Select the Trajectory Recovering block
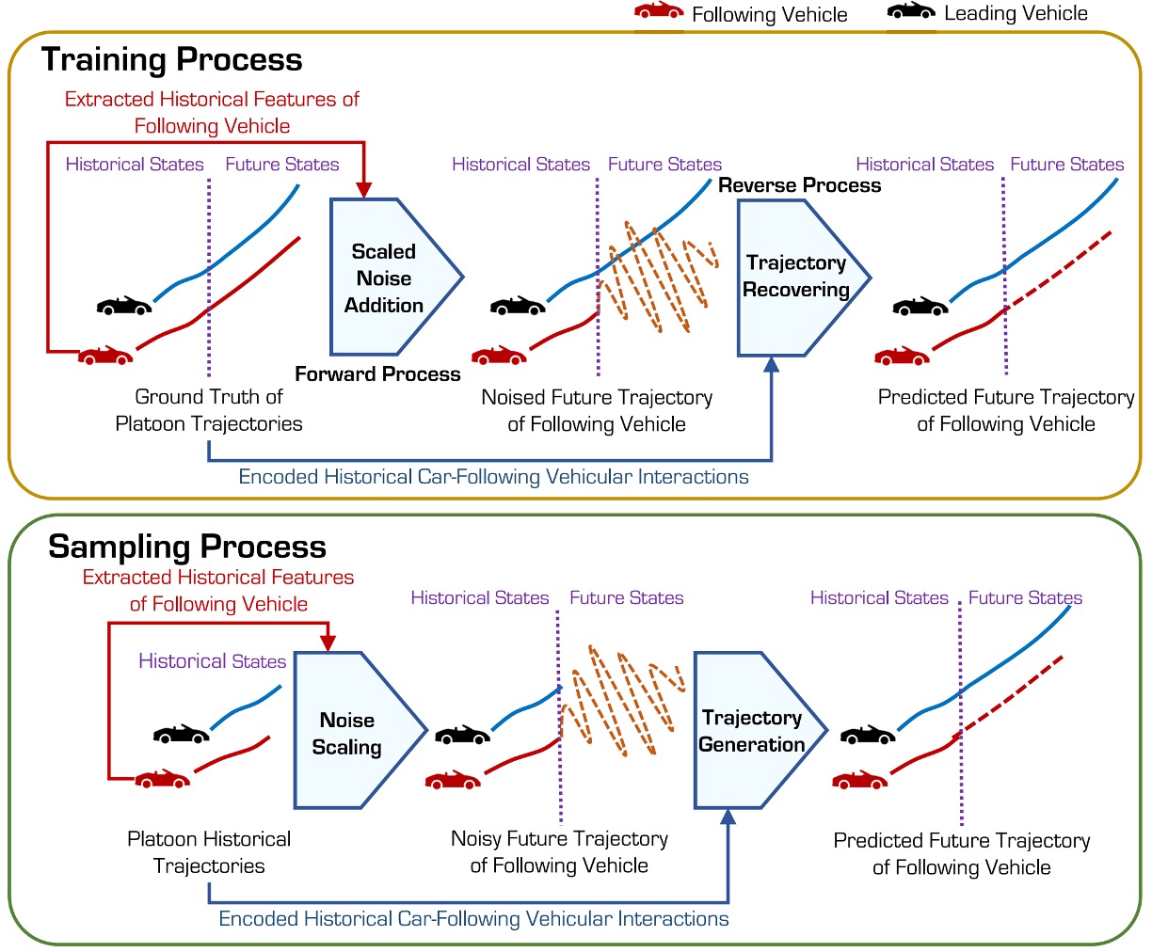pyautogui.click(x=795, y=277)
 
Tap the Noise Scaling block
pyautogui.click(x=347, y=733)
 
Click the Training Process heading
pyautogui.click(x=171, y=60)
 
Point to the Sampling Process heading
pyautogui.click(x=186, y=547)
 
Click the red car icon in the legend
pyautogui.click(x=659, y=11)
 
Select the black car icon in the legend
pyautogui.click(x=911, y=11)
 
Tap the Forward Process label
pyautogui.click(x=377, y=374)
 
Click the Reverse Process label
pyautogui.click(x=799, y=185)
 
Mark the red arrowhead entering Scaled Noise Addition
pyautogui.click(x=364, y=189)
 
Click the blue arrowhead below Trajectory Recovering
pyautogui.click(x=772, y=365)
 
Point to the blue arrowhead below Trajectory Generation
pyautogui.click(x=728, y=817)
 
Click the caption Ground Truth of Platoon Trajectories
pyautogui.click(x=209, y=410)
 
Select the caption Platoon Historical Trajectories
pyautogui.click(x=209, y=852)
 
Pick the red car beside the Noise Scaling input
pyautogui.click(x=163, y=779)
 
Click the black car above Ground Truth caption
pyautogui.click(x=123, y=306)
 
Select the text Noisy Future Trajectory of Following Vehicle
pyautogui.click(x=559, y=852)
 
